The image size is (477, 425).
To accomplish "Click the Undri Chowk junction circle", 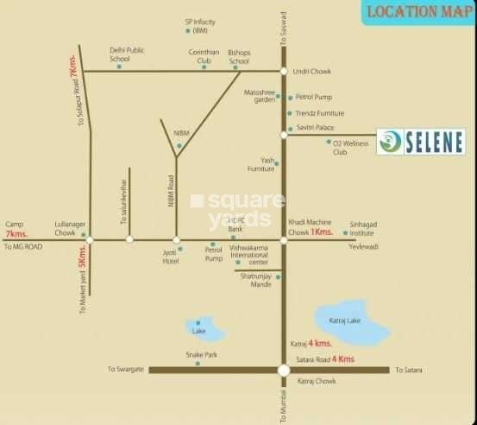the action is tap(284, 70).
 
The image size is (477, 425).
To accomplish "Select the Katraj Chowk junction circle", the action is tap(284, 370).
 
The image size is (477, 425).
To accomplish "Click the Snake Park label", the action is tap(198, 354).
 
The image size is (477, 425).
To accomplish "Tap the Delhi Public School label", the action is tap(125, 54).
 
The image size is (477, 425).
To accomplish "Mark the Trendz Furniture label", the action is tap(321, 113).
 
